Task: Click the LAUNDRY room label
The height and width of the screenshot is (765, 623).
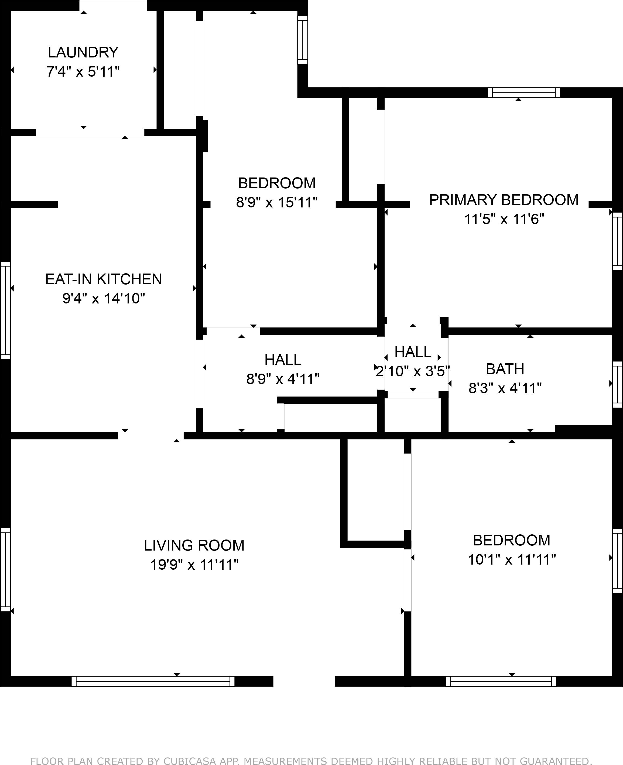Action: pos(83,52)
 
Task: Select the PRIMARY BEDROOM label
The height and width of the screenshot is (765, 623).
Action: pos(504,200)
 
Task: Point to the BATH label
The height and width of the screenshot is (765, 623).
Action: pos(505,369)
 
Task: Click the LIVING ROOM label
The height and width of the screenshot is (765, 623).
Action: pos(194,545)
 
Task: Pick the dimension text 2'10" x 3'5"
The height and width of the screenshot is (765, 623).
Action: pos(413,371)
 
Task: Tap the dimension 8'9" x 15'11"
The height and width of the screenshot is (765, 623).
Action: pos(277,203)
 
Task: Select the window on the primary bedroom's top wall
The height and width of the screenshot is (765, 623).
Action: pos(523,93)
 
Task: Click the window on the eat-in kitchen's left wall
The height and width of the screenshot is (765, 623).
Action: pos(5,310)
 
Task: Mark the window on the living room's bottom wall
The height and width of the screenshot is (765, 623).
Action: pos(153,681)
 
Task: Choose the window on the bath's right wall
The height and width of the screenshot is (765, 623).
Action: pos(617,384)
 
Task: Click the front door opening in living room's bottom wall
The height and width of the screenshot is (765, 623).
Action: pos(304,681)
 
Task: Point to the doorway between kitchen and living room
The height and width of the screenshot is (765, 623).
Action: pos(151,435)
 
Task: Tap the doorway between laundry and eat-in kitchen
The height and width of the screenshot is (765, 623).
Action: pos(90,132)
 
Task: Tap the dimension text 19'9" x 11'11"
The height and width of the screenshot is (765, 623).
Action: pos(194,565)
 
